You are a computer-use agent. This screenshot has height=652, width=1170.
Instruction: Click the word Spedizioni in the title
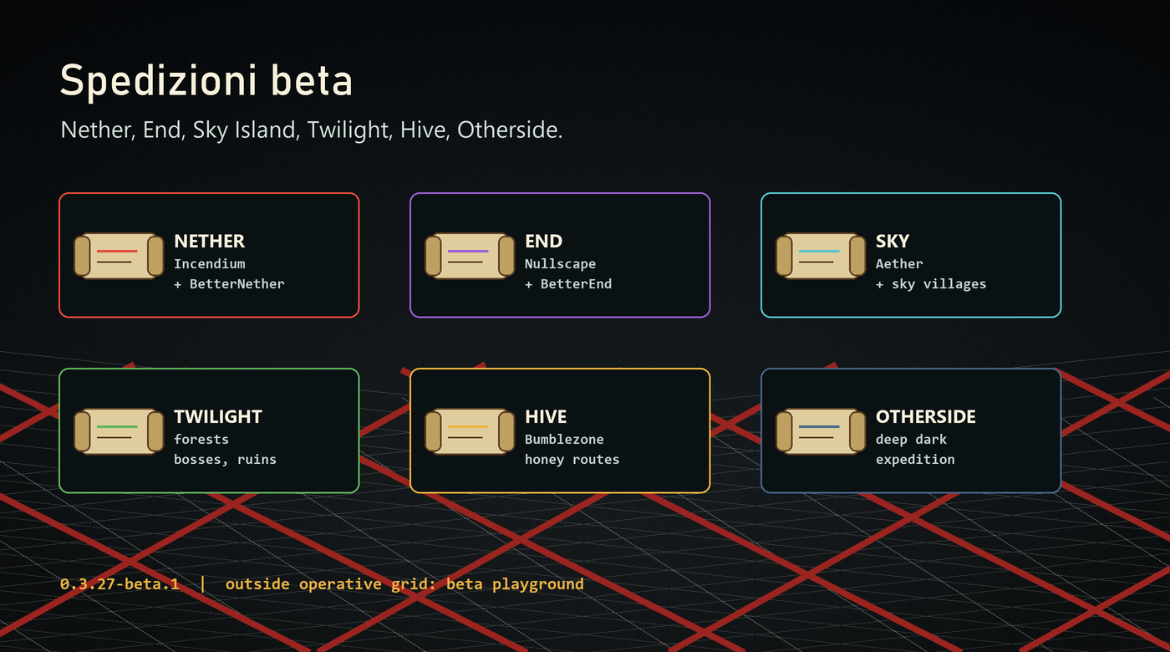click(x=159, y=81)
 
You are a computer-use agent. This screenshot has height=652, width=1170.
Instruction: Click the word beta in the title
click(x=312, y=80)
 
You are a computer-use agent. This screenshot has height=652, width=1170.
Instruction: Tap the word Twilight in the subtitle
click(x=349, y=130)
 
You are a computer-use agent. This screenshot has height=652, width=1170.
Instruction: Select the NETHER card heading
click(x=209, y=241)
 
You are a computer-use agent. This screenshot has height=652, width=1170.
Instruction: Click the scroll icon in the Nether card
click(x=119, y=256)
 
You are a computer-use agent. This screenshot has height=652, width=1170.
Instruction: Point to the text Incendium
click(x=210, y=264)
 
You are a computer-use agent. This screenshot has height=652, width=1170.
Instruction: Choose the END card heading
click(x=544, y=241)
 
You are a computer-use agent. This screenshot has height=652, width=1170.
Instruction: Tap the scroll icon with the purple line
click(x=470, y=256)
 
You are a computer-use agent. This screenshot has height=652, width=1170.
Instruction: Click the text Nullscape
click(x=561, y=264)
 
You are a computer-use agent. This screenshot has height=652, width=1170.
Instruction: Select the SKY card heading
click(x=893, y=241)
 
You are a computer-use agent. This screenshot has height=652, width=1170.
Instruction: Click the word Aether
click(x=899, y=264)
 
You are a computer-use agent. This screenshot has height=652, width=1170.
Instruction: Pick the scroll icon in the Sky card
click(x=821, y=256)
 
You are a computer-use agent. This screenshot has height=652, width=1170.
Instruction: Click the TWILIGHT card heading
click(x=218, y=416)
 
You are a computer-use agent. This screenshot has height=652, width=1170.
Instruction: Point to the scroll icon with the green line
click(x=119, y=431)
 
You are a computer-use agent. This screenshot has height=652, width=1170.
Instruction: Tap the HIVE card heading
click(x=546, y=416)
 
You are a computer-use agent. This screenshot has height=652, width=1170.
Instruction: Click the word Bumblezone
click(x=564, y=440)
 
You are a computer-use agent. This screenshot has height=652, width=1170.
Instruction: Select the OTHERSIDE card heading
click(x=926, y=416)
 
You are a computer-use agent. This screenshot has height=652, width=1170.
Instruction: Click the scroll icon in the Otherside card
click(x=821, y=431)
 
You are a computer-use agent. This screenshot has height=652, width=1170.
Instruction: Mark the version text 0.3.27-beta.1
click(x=120, y=583)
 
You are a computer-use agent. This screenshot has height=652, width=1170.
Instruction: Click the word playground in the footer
click(x=538, y=584)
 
